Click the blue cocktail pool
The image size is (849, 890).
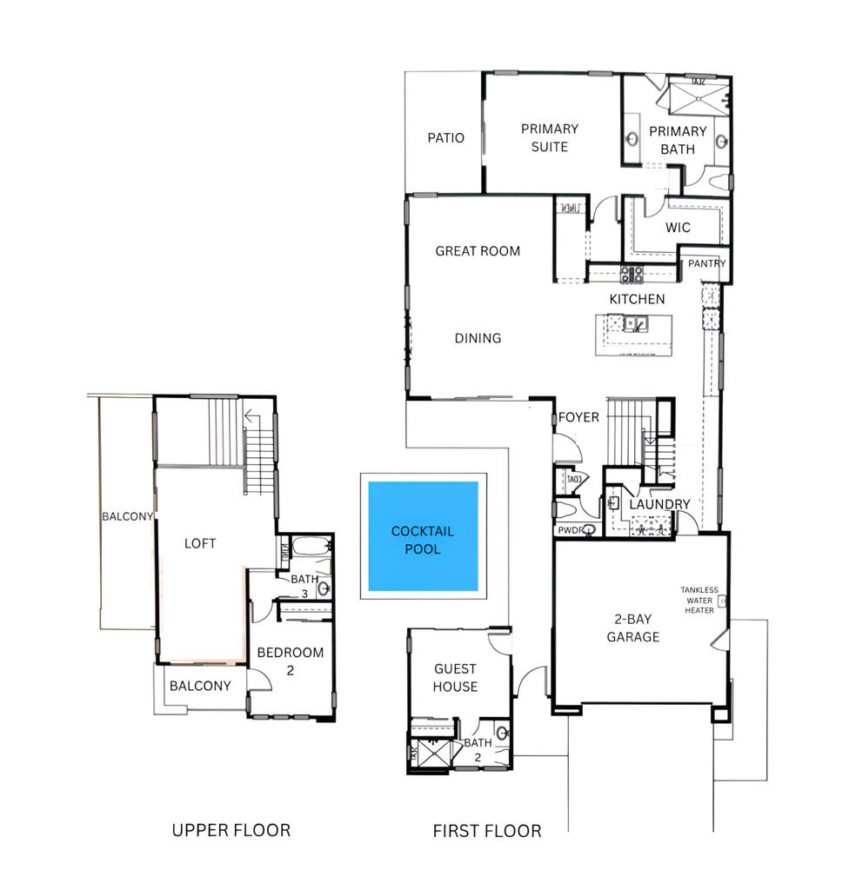423,535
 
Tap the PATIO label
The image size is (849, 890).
445,137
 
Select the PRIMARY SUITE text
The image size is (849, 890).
550,137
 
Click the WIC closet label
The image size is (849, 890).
678,228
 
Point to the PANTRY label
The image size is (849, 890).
707,263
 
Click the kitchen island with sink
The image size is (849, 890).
634,335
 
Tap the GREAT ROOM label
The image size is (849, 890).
478,251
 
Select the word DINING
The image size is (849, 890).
478,338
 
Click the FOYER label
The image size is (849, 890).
578,417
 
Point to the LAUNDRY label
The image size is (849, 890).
659,504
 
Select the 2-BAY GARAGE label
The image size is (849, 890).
633,628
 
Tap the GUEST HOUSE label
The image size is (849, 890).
456,677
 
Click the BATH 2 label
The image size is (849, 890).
478,750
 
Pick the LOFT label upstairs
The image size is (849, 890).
200,543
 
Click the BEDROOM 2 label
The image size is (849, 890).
291,661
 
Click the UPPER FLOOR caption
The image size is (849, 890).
231,830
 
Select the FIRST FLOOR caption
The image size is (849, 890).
487,831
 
